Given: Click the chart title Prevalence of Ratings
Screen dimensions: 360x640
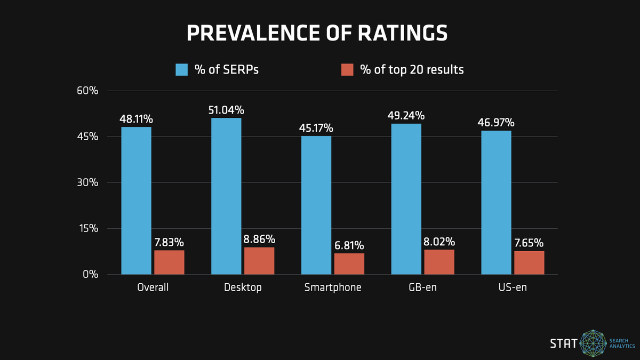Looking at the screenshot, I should (x=317, y=33).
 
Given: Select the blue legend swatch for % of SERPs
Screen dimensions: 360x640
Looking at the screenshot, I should (x=182, y=70).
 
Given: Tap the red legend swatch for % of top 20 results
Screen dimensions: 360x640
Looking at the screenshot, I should (x=347, y=70).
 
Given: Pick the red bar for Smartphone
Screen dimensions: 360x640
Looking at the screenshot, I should (x=349, y=264).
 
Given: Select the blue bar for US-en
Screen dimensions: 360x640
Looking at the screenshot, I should (x=496, y=203).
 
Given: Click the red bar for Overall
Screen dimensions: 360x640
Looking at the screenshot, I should (x=169, y=262).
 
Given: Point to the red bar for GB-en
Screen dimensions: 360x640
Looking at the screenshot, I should (x=439, y=262).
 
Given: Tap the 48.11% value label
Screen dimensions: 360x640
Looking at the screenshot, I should (x=136, y=119).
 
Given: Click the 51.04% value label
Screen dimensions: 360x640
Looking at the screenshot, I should (x=226, y=110).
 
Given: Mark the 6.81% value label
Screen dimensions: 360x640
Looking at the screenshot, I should (x=349, y=245).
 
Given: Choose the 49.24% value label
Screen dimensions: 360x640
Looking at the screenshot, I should (x=406, y=116).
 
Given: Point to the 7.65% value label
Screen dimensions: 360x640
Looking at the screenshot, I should (x=529, y=243).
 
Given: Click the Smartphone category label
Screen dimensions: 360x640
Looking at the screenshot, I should (x=333, y=287).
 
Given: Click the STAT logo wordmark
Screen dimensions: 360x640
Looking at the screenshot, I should (x=563, y=343).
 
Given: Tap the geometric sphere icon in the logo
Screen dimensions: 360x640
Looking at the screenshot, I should (x=594, y=343).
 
